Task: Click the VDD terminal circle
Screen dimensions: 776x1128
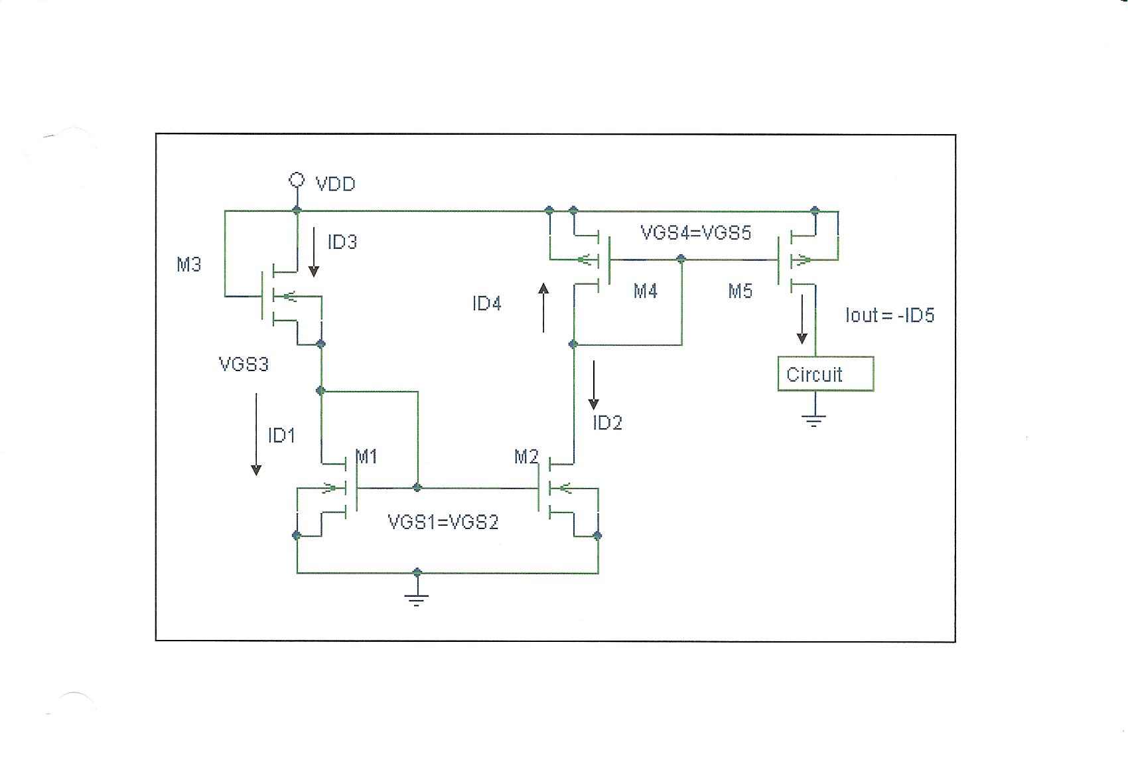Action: (x=297, y=179)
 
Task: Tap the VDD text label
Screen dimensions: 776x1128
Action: (x=336, y=184)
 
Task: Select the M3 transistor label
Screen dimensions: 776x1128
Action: (x=189, y=265)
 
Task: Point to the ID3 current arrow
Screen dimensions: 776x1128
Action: (x=314, y=252)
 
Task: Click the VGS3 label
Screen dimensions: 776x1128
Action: (x=244, y=364)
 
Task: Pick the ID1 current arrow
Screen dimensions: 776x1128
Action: (x=256, y=434)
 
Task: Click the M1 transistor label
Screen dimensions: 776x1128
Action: (x=367, y=457)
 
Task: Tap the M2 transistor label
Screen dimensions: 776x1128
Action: (x=526, y=457)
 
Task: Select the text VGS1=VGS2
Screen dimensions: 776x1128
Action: (x=443, y=522)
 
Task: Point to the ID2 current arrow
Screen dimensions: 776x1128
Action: (x=595, y=384)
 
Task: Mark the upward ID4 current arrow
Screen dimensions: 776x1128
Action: (x=543, y=307)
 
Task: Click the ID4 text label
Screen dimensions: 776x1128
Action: (x=487, y=304)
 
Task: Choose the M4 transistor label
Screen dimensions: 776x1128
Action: (x=645, y=291)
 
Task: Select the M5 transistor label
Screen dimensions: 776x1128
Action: (x=740, y=291)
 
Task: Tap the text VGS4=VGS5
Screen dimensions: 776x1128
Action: (x=695, y=233)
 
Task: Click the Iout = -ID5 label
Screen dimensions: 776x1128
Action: (x=890, y=315)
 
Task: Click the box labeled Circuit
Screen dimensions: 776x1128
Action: (x=825, y=374)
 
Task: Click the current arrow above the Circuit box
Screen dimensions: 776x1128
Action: (x=802, y=319)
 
